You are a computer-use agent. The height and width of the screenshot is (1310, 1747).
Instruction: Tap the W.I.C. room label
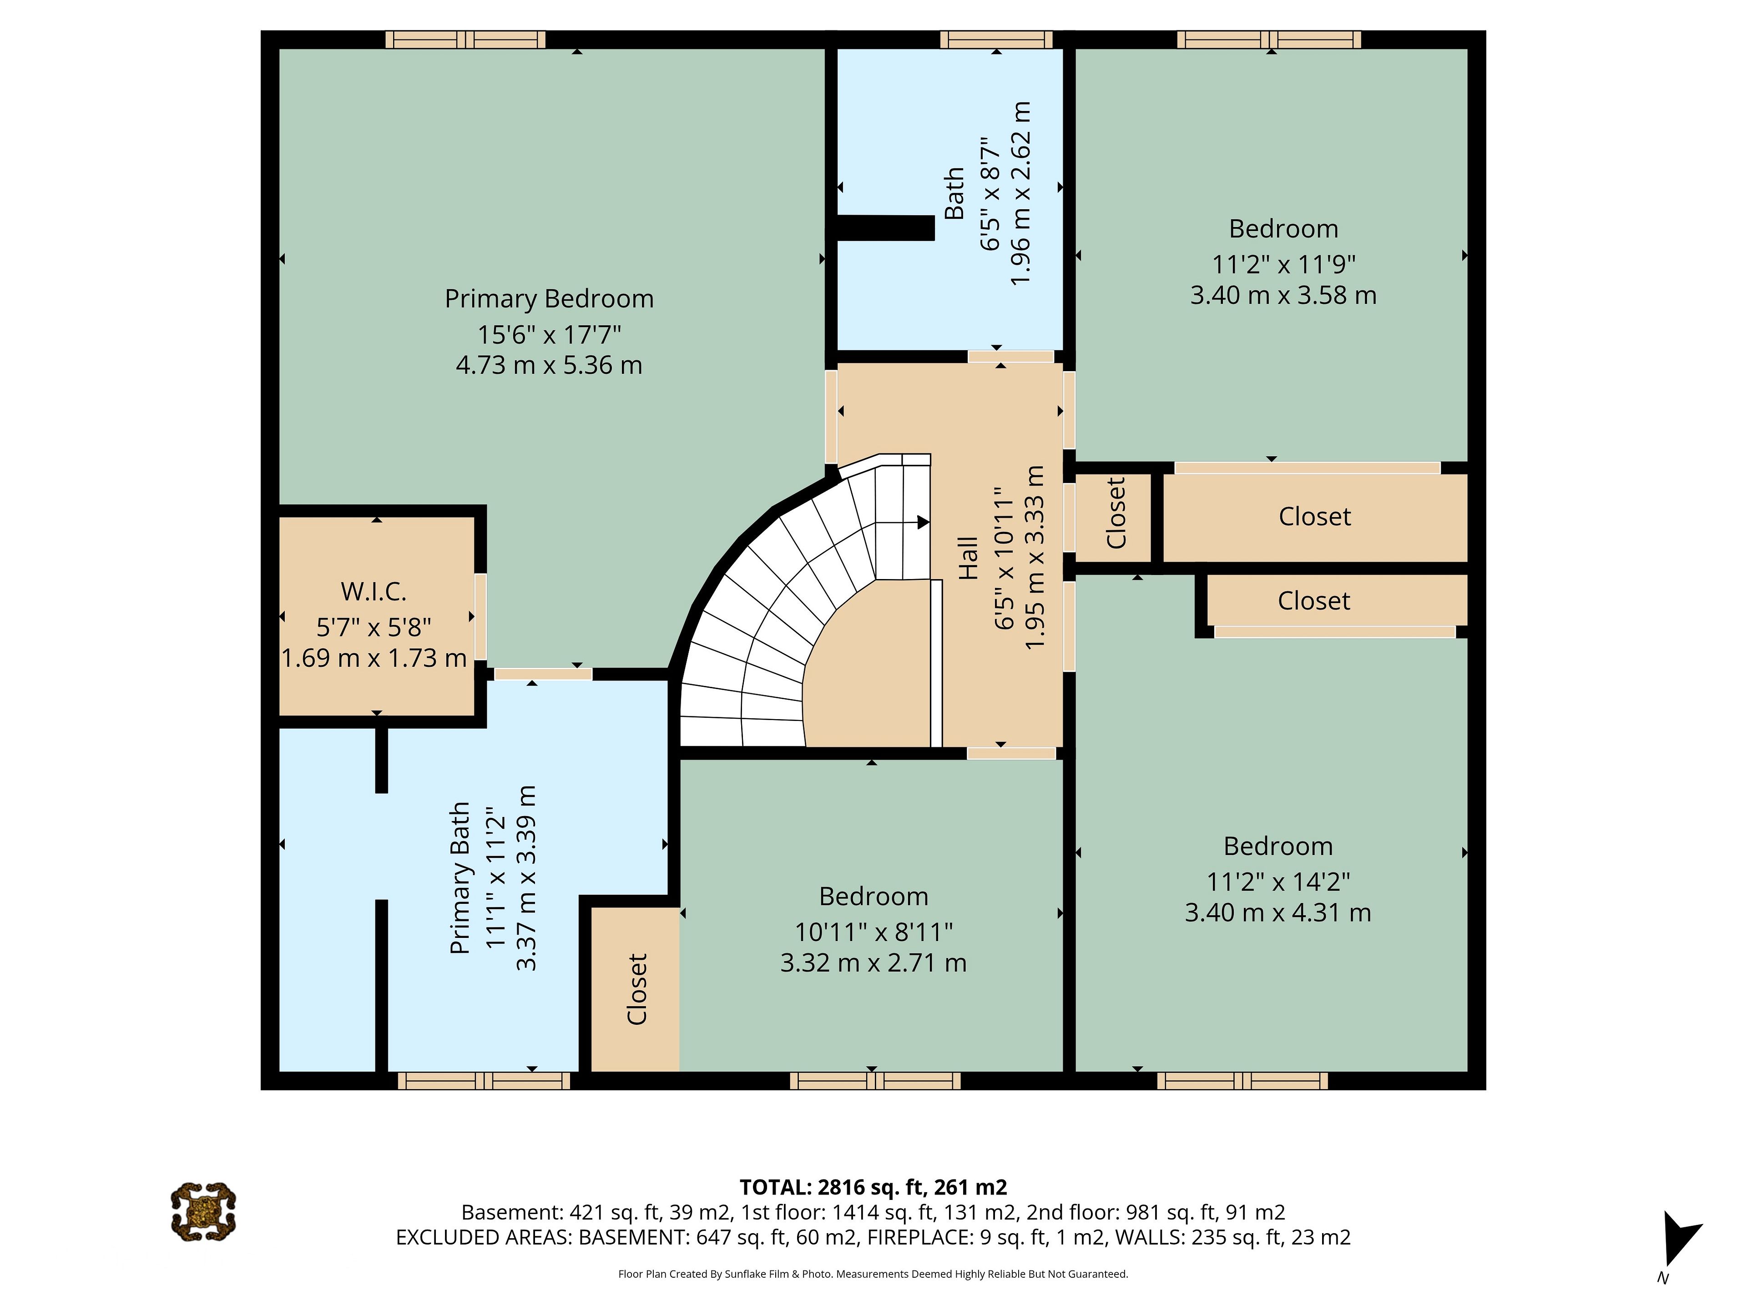pos(374,591)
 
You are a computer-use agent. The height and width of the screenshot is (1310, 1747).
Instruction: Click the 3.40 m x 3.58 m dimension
pos(1283,295)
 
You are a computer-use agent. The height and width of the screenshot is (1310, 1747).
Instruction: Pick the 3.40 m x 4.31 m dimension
pos(1278,913)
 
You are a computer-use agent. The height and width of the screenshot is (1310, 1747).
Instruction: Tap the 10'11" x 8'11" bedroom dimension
pos(873,932)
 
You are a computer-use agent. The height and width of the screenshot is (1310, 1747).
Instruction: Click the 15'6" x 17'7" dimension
pos(549,335)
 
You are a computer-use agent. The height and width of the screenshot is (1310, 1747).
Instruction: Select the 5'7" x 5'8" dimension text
pos(374,627)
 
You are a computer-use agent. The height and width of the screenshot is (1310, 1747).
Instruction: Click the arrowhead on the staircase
pos(923,522)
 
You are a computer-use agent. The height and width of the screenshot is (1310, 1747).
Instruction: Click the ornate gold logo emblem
pos(203,1211)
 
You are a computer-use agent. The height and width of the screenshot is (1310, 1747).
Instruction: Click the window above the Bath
pos(997,40)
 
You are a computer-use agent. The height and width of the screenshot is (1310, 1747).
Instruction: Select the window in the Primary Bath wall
pos(483,1081)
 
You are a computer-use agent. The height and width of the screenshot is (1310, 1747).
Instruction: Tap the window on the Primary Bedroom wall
pos(466,40)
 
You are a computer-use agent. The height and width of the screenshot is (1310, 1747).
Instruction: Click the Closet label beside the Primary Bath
pos(636,989)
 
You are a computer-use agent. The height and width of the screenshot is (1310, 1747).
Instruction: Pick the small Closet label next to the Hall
pos(1115,513)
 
